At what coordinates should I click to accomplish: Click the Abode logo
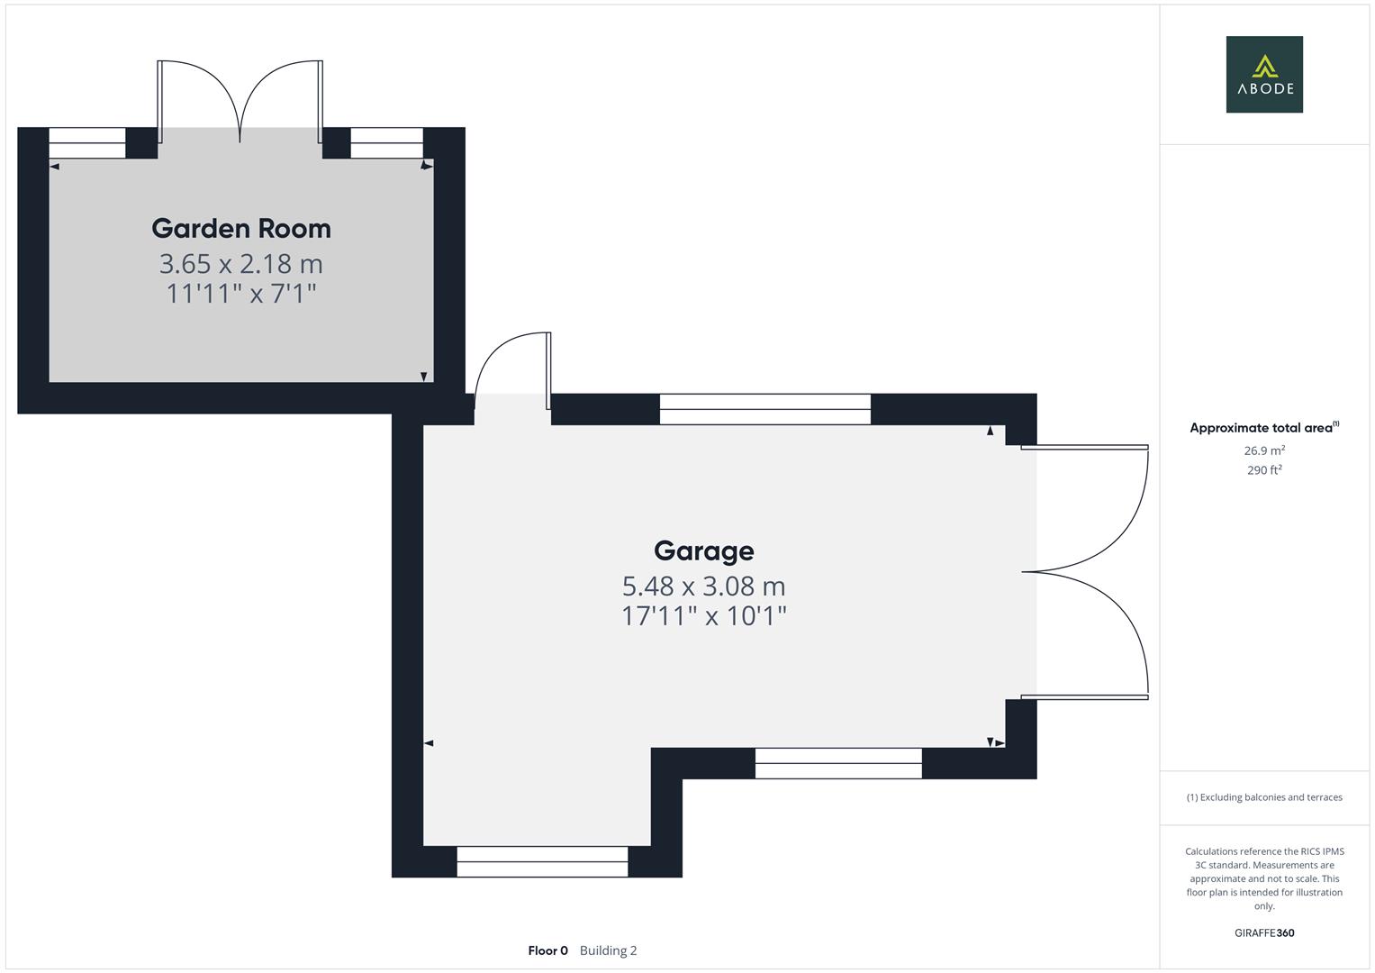[x=1264, y=75]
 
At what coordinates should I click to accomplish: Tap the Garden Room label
[x=241, y=229]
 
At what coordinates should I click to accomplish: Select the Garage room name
[x=703, y=550]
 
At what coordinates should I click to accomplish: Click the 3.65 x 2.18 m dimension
[x=241, y=264]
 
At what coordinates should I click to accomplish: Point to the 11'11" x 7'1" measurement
[x=241, y=294]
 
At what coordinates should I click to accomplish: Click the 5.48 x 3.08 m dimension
[x=703, y=587]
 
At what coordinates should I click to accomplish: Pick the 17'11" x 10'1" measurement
[x=703, y=616]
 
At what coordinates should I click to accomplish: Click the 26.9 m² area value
[x=1264, y=450]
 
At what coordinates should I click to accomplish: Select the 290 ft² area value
[x=1264, y=470]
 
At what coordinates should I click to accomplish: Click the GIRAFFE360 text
[x=1264, y=933]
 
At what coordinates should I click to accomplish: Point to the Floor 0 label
[x=547, y=950]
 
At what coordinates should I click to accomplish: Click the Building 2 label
[x=608, y=950]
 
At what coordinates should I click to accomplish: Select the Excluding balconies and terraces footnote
[x=1264, y=797]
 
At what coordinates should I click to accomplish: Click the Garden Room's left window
[x=86, y=143]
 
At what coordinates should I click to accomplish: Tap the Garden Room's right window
[x=386, y=143]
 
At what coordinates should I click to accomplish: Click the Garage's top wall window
[x=764, y=409]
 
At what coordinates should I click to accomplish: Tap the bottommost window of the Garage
[x=542, y=861]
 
